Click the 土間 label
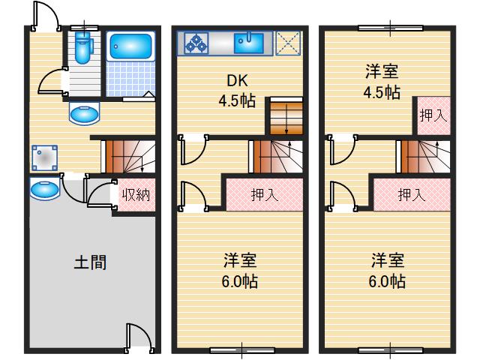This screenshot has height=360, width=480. coord(90,262)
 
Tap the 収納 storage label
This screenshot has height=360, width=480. coord(136,195)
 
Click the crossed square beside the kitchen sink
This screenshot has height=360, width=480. coord(287,42)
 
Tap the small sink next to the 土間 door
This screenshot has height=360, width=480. coord(44,189)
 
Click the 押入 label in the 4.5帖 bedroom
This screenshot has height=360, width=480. coord(433,115)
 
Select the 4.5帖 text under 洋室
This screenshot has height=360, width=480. coord(382,92)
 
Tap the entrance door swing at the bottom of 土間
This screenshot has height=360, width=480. coord(138,336)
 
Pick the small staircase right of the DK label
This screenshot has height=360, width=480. coord(285,116)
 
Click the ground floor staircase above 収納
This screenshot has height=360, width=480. coord(128,155)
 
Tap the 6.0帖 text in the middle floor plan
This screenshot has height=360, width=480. coord(241,282)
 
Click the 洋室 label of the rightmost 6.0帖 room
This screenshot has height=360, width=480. coord(388,261)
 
